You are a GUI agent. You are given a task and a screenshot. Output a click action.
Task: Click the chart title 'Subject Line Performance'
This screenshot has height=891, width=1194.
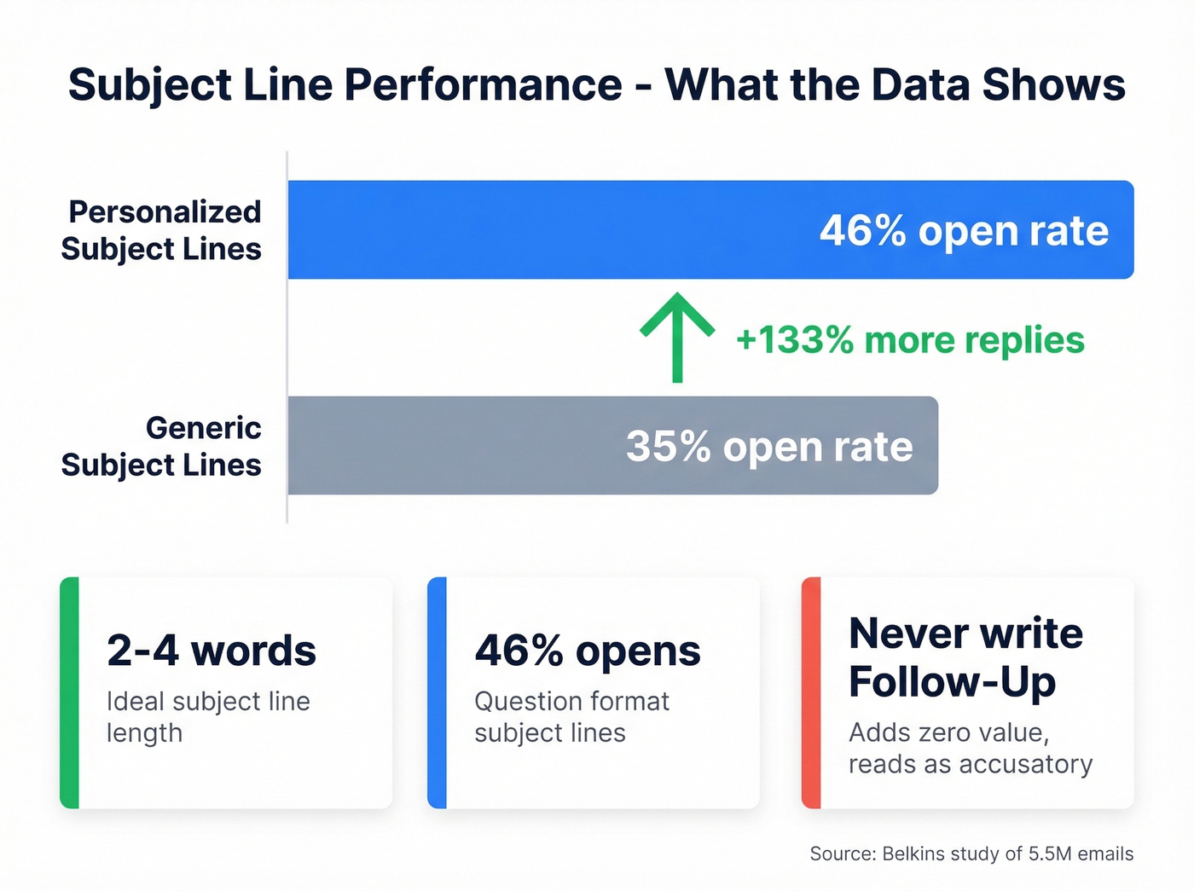pos(345,85)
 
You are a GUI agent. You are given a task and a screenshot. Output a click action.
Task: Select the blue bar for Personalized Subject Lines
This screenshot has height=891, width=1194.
pos(546,230)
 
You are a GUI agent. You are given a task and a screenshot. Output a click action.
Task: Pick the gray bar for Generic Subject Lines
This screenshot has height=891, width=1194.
pos(452,445)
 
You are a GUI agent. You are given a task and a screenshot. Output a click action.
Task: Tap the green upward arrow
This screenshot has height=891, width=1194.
pos(677,336)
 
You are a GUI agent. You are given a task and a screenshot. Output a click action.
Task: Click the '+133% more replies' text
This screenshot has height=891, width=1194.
pos(910,340)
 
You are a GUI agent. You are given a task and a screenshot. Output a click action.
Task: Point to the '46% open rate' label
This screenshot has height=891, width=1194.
pos(964,231)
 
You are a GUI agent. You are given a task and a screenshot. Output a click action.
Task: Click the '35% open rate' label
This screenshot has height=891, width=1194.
pos(769,446)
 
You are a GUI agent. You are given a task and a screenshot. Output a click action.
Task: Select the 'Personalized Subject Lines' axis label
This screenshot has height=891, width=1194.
pos(162,230)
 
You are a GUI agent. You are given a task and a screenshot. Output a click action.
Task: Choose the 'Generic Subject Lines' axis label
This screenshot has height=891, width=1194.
pos(162,446)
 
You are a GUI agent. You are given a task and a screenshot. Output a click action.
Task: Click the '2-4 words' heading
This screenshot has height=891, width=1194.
pos(212,651)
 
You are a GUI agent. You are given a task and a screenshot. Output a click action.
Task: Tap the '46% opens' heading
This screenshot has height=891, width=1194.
pos(588,651)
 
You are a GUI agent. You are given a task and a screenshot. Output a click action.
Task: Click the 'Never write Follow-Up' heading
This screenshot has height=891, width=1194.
pos(965,657)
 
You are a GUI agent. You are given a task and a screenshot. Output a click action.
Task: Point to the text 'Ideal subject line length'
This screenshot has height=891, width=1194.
pos(208,717)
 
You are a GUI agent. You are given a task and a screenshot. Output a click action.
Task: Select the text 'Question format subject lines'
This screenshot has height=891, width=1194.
pos(571,717)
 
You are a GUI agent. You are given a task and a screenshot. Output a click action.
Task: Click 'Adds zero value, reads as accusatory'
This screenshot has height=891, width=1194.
pos(970,749)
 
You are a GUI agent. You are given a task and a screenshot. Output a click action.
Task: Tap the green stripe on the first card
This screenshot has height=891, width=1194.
pos(69,692)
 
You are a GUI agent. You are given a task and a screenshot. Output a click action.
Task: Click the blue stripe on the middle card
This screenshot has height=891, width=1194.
pos(437,692)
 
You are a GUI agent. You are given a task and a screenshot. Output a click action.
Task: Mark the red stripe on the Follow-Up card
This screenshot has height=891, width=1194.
pos(811,692)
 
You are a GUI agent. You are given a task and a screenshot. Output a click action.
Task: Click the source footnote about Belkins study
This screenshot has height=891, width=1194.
pos(971,853)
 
